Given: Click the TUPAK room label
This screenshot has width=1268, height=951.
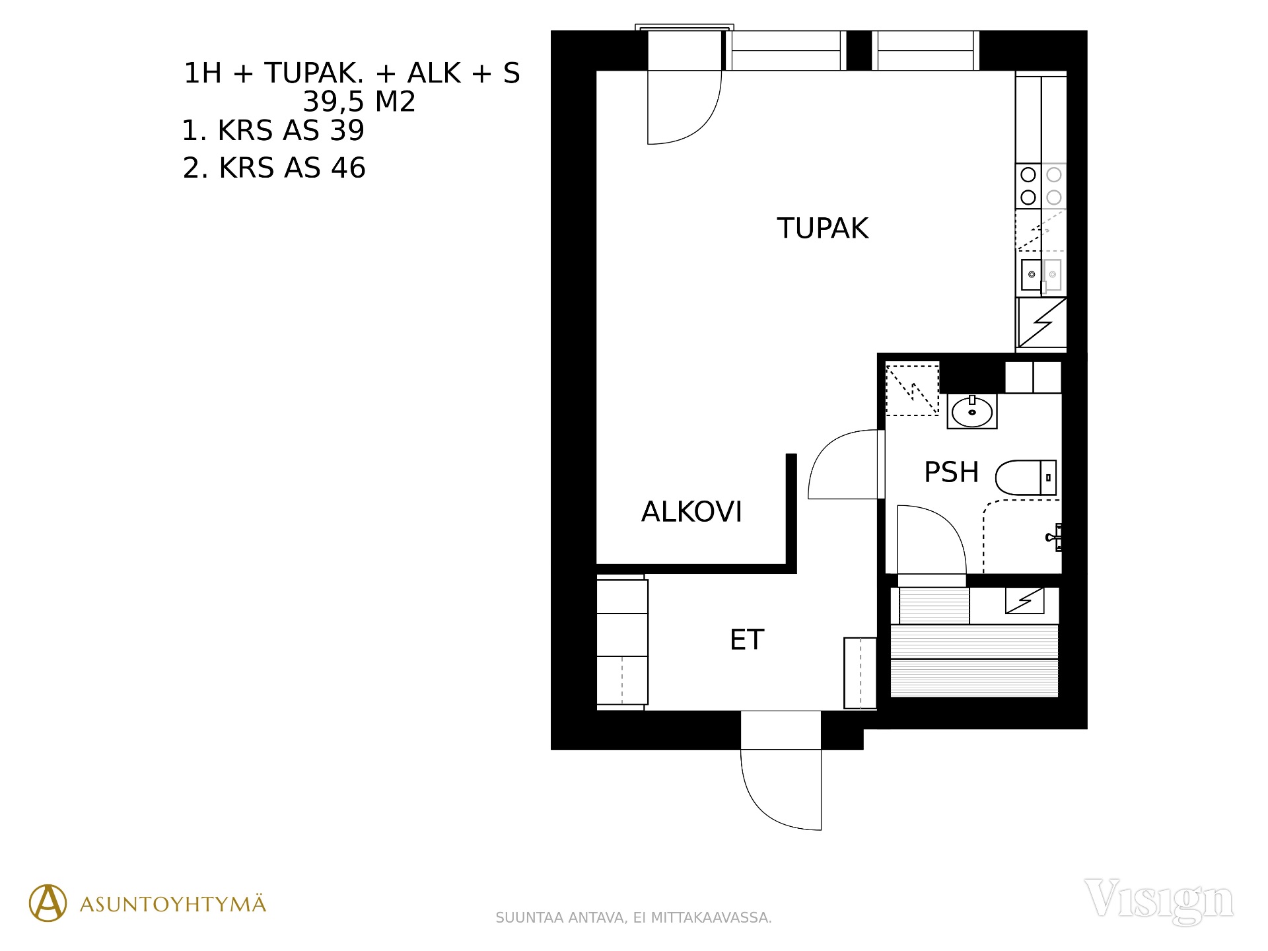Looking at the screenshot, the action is click(822, 229).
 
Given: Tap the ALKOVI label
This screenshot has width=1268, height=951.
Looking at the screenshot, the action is click(691, 512).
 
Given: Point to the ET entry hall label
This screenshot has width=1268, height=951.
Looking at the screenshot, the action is click(747, 640).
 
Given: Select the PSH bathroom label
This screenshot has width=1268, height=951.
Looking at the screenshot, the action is click(951, 472).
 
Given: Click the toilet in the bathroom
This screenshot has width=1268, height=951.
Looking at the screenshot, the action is click(1026, 477).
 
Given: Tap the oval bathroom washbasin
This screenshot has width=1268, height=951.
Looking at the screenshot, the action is click(971, 412).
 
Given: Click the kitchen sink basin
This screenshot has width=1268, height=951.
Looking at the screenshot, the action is click(1031, 274).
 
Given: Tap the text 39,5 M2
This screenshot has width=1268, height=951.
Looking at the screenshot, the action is click(359, 102).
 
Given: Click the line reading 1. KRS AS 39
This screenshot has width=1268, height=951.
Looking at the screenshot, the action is click(273, 131).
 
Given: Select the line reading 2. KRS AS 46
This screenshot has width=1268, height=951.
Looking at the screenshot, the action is click(274, 168).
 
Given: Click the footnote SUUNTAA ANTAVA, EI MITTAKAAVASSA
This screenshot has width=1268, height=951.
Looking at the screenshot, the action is click(633, 918).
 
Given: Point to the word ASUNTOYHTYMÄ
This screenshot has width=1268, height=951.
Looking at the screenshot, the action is click(173, 904).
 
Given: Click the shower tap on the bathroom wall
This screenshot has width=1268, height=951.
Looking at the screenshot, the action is click(1055, 537).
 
